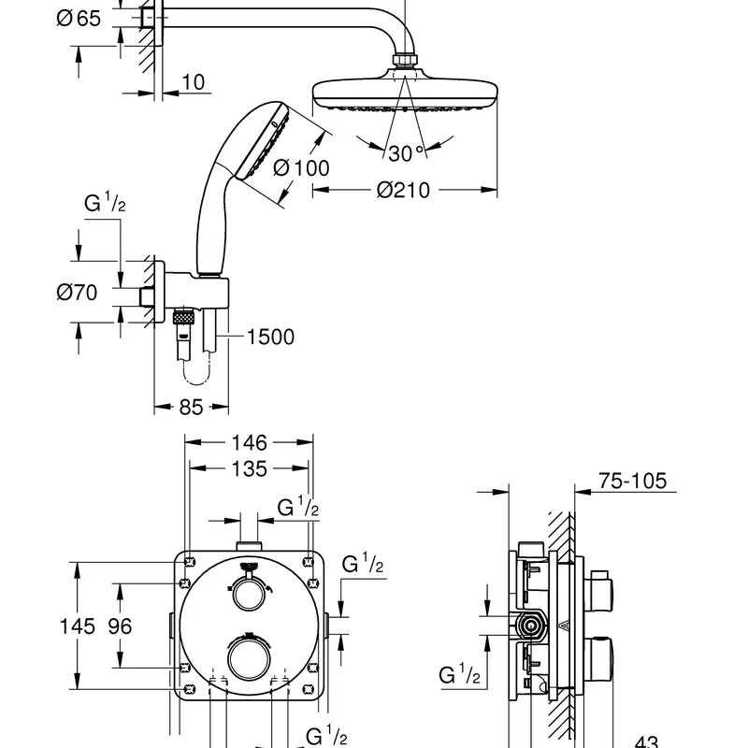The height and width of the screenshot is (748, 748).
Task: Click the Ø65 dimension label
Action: (79, 19)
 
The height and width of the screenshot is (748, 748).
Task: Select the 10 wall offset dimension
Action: (194, 82)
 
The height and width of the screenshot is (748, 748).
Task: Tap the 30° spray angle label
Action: (406, 153)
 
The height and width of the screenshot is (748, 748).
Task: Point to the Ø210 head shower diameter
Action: (403, 190)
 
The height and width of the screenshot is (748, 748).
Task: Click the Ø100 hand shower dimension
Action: (301, 168)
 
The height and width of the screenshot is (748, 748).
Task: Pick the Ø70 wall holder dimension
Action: (77, 292)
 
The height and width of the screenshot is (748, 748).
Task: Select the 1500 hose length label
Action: (270, 337)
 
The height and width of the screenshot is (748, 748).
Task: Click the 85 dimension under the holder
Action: (191, 407)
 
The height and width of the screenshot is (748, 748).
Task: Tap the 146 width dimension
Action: (249, 442)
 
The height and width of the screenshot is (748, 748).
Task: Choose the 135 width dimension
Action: (249, 469)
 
